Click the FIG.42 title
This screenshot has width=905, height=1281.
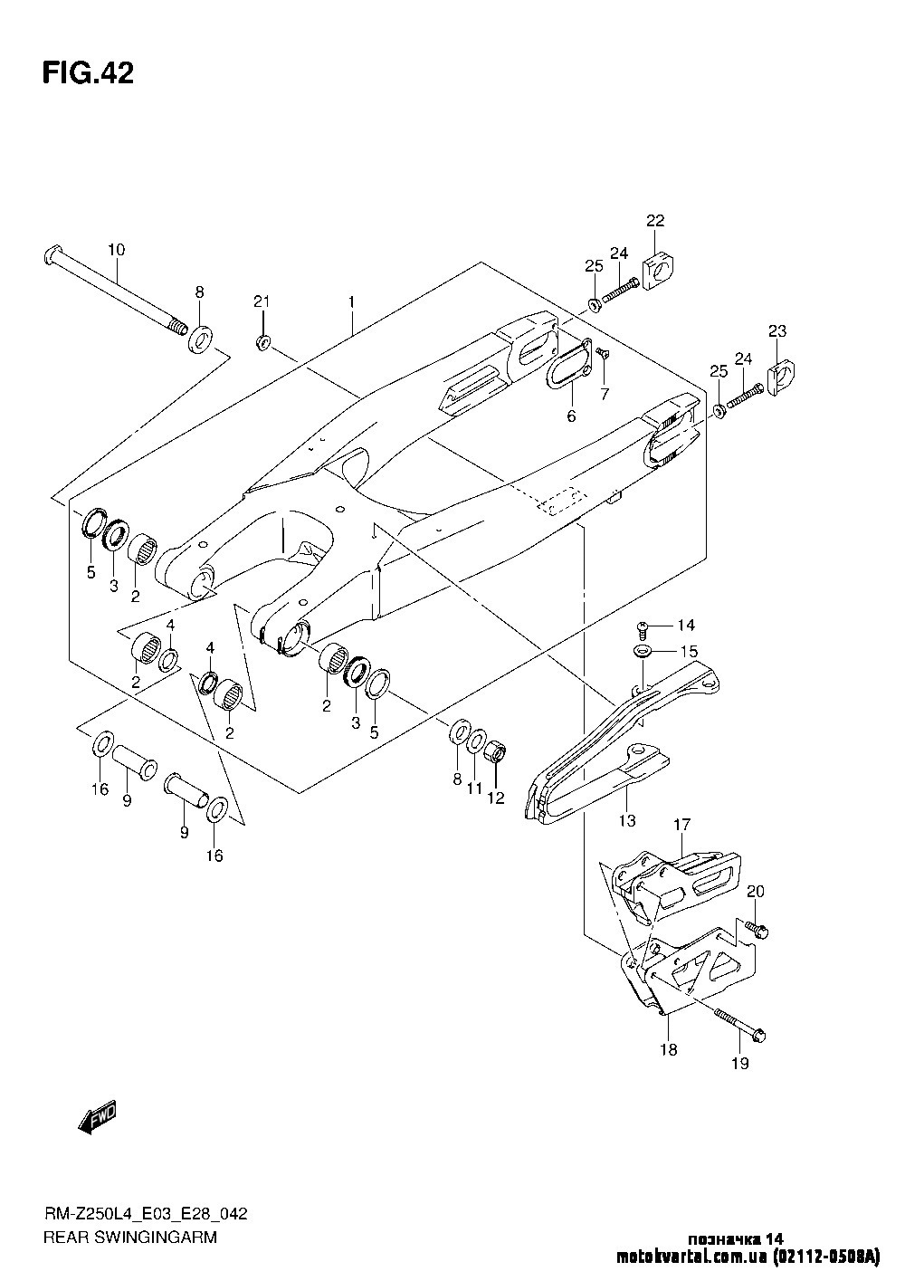click(88, 73)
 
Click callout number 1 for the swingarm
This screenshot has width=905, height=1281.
click(351, 301)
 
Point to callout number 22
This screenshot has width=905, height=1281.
click(655, 220)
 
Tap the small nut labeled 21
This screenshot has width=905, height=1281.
click(263, 341)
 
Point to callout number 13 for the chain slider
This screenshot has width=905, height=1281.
click(626, 821)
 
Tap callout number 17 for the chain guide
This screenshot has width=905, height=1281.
click(681, 825)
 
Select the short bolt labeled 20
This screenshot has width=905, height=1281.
click(757, 928)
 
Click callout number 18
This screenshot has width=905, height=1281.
click(668, 1050)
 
